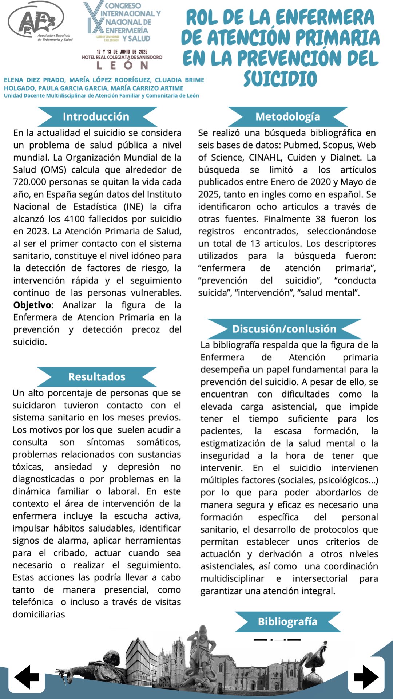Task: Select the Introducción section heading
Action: pyautogui.click(x=96, y=116)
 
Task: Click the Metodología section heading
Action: pyautogui.click(x=287, y=116)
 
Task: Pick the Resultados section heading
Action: pyautogui.click(x=97, y=376)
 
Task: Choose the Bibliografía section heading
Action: pyautogui.click(x=287, y=621)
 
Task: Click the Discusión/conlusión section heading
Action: pyautogui.click(x=284, y=329)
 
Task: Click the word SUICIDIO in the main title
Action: pyautogui.click(x=280, y=79)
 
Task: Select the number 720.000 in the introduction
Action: pyautogui.click(x=31, y=182)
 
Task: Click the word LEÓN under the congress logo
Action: pyautogui.click(x=122, y=66)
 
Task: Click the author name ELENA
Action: pyautogui.click(x=13, y=80)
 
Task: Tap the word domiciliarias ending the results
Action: pyautogui.click(x=39, y=615)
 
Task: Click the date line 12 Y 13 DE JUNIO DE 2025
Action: pyautogui.click(x=122, y=52)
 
